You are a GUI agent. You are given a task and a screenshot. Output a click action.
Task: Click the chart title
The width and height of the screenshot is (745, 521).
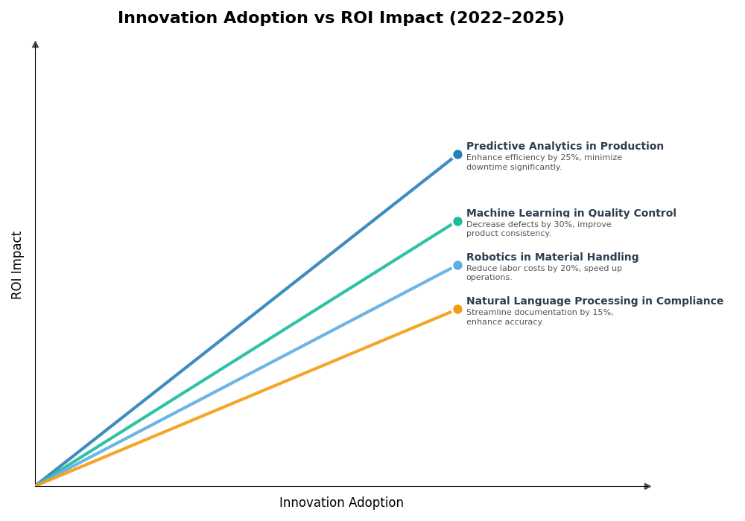(x=340, y=19)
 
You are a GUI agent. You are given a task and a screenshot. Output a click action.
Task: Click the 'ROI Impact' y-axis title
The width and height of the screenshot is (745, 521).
(x=17, y=265)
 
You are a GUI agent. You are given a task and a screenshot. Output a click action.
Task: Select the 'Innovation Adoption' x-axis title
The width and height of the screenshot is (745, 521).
(x=341, y=503)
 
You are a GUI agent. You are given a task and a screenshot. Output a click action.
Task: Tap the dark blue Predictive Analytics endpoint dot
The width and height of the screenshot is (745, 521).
(x=457, y=155)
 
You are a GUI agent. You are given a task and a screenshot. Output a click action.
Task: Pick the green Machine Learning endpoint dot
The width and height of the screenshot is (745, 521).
(x=457, y=221)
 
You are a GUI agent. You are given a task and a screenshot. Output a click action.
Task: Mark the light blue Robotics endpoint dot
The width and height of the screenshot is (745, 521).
(x=457, y=265)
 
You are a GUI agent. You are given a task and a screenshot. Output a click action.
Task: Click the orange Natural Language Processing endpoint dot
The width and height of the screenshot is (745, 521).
(x=457, y=309)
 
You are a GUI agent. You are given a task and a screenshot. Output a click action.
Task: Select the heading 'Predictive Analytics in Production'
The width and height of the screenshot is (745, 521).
(x=565, y=147)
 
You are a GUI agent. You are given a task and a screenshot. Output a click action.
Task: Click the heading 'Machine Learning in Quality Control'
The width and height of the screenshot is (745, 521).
(x=571, y=214)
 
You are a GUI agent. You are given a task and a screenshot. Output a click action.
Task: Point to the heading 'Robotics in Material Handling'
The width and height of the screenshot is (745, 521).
(x=552, y=258)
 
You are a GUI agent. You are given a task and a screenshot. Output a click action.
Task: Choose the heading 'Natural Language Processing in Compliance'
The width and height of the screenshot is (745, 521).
(x=595, y=301)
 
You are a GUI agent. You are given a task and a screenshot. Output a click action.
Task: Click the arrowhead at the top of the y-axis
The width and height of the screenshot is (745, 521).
(x=35, y=45)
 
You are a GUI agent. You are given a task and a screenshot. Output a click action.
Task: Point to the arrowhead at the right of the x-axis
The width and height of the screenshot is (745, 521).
(x=647, y=486)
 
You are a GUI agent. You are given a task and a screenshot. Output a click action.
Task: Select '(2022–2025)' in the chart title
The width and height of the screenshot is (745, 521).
(x=506, y=19)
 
